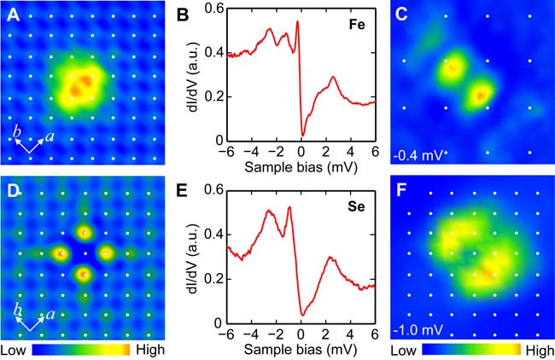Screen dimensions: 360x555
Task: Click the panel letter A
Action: pos(15,15)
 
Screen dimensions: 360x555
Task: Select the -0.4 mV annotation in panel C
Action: pos(416,155)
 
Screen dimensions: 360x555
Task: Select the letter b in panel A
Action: pos(16,130)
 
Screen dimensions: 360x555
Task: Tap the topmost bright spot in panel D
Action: pos(84,232)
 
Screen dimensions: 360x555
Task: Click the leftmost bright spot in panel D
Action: pos(61,253)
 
